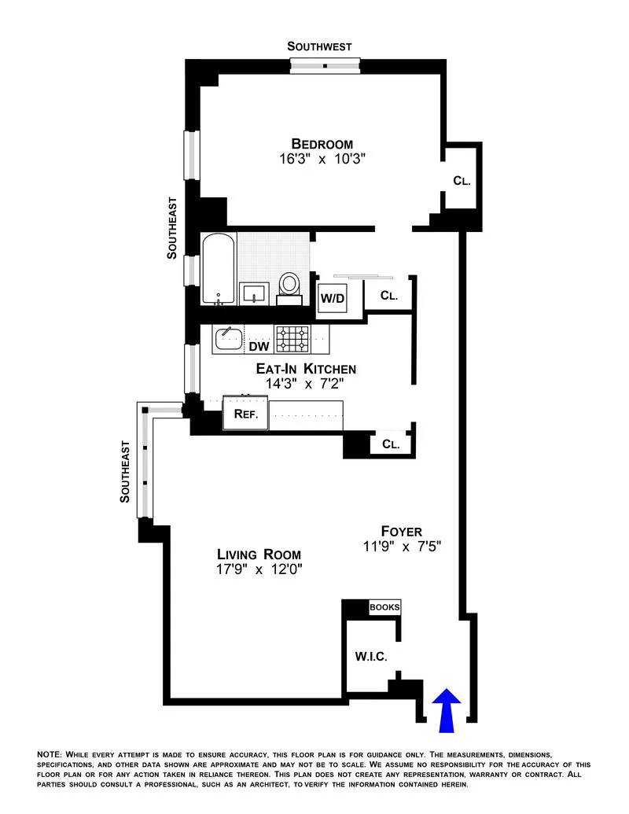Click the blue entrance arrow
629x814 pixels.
click(447, 705)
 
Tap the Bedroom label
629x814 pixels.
click(322, 144)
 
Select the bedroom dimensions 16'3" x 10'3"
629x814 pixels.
click(322, 159)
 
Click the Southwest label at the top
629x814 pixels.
click(319, 46)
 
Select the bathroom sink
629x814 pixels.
click(254, 293)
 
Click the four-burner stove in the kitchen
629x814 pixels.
click(292, 339)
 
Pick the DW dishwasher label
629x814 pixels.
click(259, 345)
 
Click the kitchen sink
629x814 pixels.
click(230, 339)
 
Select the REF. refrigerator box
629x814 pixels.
click(245, 414)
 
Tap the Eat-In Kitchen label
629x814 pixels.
click(306, 369)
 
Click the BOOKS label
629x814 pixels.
click(385, 607)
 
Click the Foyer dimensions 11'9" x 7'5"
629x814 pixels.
click(403, 547)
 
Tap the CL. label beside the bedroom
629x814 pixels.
click(462, 180)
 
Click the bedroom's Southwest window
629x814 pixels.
click(325, 65)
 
